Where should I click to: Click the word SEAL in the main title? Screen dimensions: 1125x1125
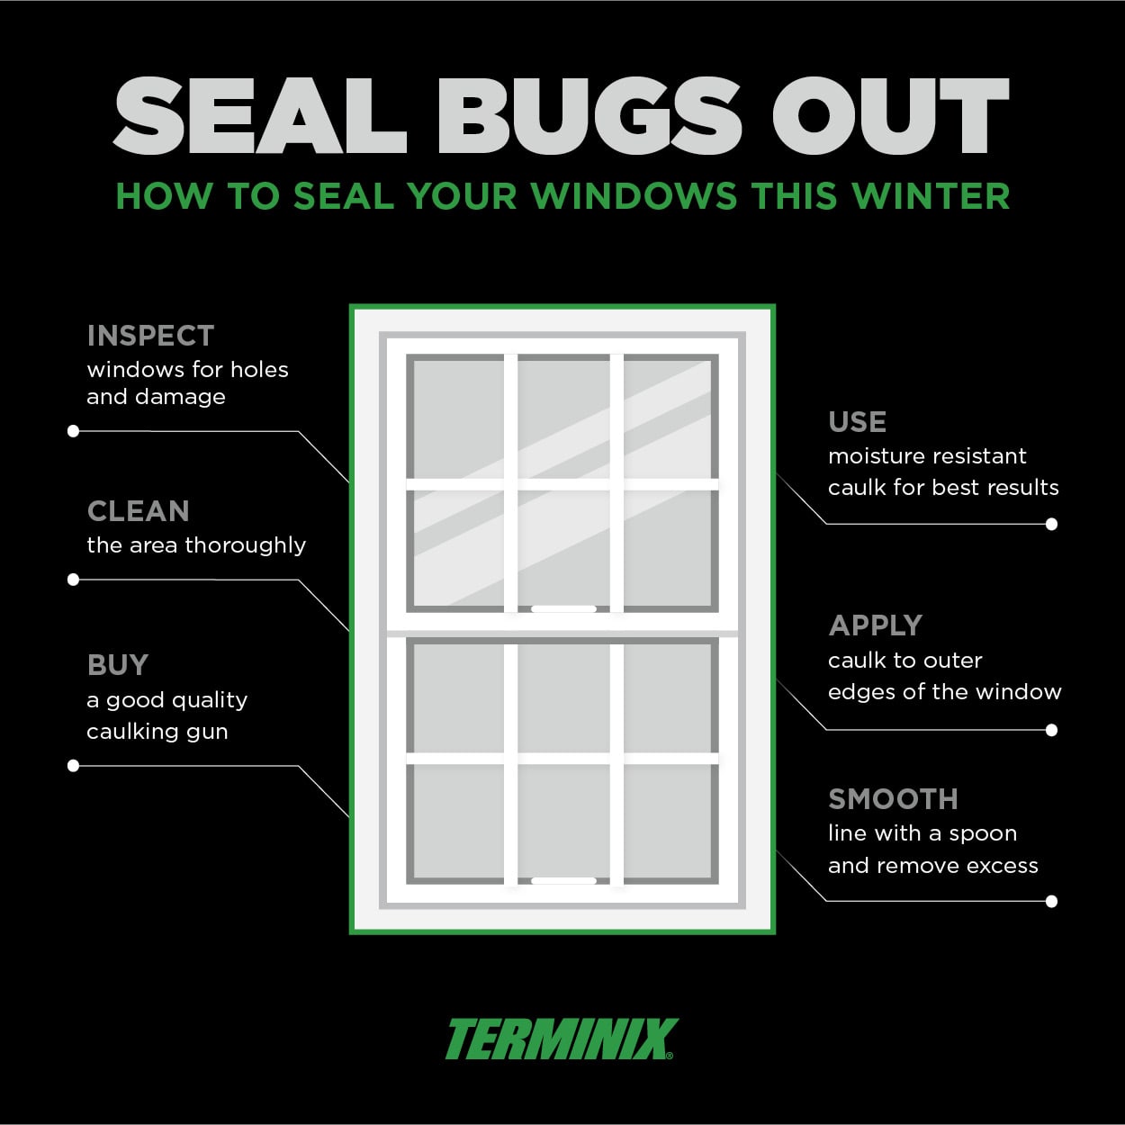tap(260, 116)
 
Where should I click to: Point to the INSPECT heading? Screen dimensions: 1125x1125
tap(150, 336)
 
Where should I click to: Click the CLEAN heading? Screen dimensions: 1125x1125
tap(139, 511)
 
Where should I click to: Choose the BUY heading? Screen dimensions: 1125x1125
tap(118, 665)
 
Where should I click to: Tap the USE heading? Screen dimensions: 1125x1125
tap(857, 422)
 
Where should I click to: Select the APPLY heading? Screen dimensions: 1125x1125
tap(876, 625)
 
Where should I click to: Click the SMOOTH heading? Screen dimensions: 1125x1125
tap(893, 799)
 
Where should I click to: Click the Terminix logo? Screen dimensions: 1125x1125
tap(561, 1039)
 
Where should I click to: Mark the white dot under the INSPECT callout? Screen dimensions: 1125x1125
tap(74, 431)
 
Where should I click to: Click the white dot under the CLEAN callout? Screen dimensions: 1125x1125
tap(74, 580)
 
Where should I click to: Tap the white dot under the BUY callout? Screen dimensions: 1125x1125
tap(74, 766)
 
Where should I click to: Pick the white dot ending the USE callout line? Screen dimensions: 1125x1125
tap(1051, 524)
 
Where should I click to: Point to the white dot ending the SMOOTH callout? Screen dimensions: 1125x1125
tap(1051, 901)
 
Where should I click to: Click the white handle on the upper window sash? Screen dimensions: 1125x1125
tap(563, 609)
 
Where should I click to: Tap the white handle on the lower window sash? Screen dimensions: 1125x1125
tap(563, 881)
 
